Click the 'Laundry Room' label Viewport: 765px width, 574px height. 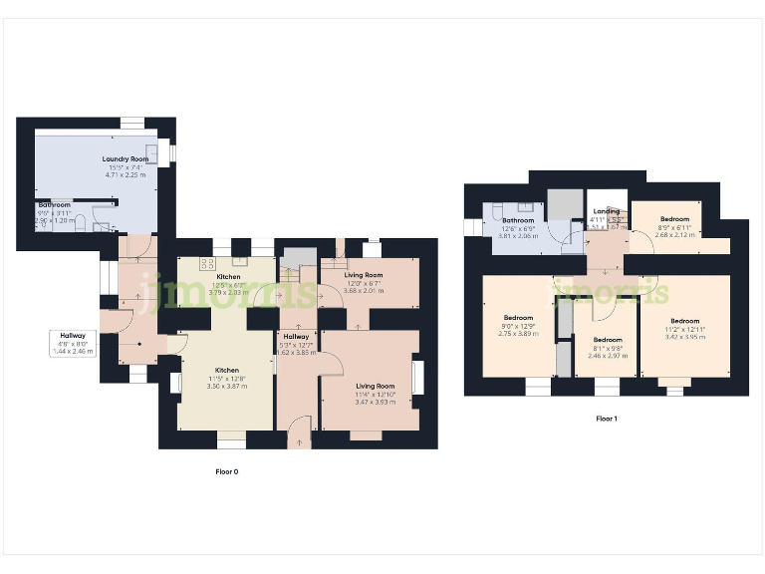pos(125,158)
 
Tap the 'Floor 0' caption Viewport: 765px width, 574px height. pos(227,471)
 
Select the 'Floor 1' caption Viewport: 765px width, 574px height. pos(606,419)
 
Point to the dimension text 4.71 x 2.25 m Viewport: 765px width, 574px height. pos(126,174)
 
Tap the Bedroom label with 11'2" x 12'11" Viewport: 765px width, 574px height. pos(684,321)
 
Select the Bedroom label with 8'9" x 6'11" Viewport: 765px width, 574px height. pos(673,217)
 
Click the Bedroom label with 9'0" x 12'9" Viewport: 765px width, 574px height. pos(518,318)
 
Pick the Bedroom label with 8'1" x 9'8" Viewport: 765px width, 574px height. pos(608,340)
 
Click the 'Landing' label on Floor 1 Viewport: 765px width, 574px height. pos(606,211)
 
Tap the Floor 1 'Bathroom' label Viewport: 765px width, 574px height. pos(518,220)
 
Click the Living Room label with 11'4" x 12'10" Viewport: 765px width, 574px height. pos(376,386)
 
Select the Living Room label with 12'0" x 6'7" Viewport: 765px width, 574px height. pos(364,275)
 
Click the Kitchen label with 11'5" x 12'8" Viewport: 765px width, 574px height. pos(221,370)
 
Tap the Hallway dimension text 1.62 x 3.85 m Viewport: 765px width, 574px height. pos(299,352)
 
